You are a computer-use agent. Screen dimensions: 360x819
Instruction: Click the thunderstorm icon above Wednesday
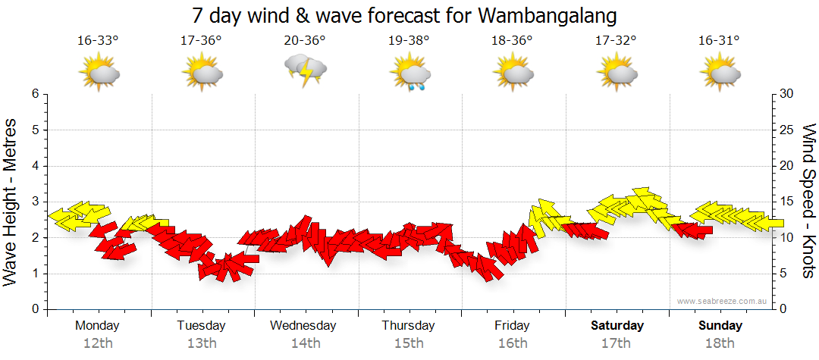click(305, 71)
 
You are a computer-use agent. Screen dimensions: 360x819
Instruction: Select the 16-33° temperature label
click(98, 41)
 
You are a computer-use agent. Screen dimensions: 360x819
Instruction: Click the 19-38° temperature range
click(409, 41)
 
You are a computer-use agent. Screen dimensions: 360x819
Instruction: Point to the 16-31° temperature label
click(719, 41)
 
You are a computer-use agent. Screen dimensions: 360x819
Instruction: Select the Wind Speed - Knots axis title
click(807, 201)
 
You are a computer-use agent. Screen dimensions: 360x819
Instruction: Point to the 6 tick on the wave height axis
click(34, 94)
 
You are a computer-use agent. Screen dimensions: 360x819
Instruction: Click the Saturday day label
click(617, 326)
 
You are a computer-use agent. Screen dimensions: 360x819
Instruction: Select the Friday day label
click(512, 326)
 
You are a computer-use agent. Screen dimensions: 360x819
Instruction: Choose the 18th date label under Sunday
click(720, 343)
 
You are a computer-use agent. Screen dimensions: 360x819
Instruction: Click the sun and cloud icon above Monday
click(99, 74)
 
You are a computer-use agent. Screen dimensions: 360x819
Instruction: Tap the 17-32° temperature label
click(616, 41)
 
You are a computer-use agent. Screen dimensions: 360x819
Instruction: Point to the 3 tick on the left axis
click(34, 202)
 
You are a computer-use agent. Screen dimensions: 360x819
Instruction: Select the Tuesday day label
click(201, 326)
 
